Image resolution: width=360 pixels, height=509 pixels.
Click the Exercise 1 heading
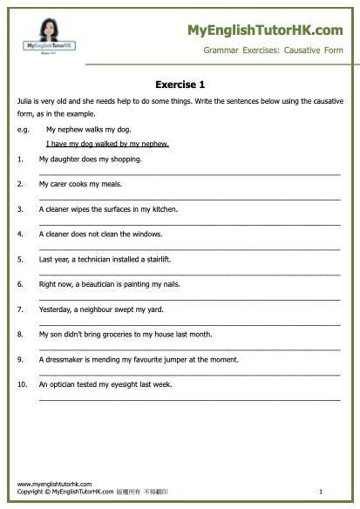tap(180, 85)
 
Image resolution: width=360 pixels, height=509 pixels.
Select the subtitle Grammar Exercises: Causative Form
tap(273, 51)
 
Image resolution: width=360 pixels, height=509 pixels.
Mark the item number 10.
tap(21, 383)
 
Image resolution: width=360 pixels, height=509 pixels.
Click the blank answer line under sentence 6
tap(189, 298)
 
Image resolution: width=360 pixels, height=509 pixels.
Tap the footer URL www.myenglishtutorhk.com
tap(54, 483)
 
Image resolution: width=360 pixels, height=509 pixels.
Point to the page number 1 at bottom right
tap(321, 492)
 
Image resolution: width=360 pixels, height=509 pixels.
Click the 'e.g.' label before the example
tap(23, 128)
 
